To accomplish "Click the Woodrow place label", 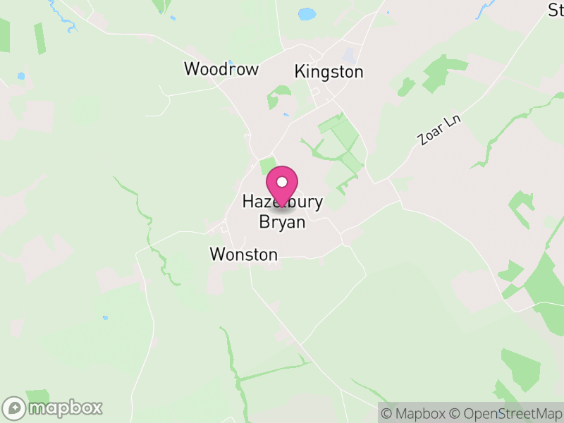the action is tap(221, 69).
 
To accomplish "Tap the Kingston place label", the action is tap(329, 72).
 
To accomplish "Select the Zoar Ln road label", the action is tap(439, 130).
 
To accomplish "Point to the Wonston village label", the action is tap(244, 255).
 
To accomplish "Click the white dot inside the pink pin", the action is tap(282, 182).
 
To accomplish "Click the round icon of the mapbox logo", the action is tap(14, 407).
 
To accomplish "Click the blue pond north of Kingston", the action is tap(307, 13).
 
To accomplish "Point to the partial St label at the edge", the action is tap(556, 10).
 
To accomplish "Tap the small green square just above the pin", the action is tap(267, 165).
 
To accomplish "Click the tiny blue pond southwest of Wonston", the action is tap(105, 318).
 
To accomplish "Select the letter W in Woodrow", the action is tap(192, 69).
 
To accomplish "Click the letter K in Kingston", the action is tap(300, 72).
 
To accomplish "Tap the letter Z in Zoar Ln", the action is tap(423, 140).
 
